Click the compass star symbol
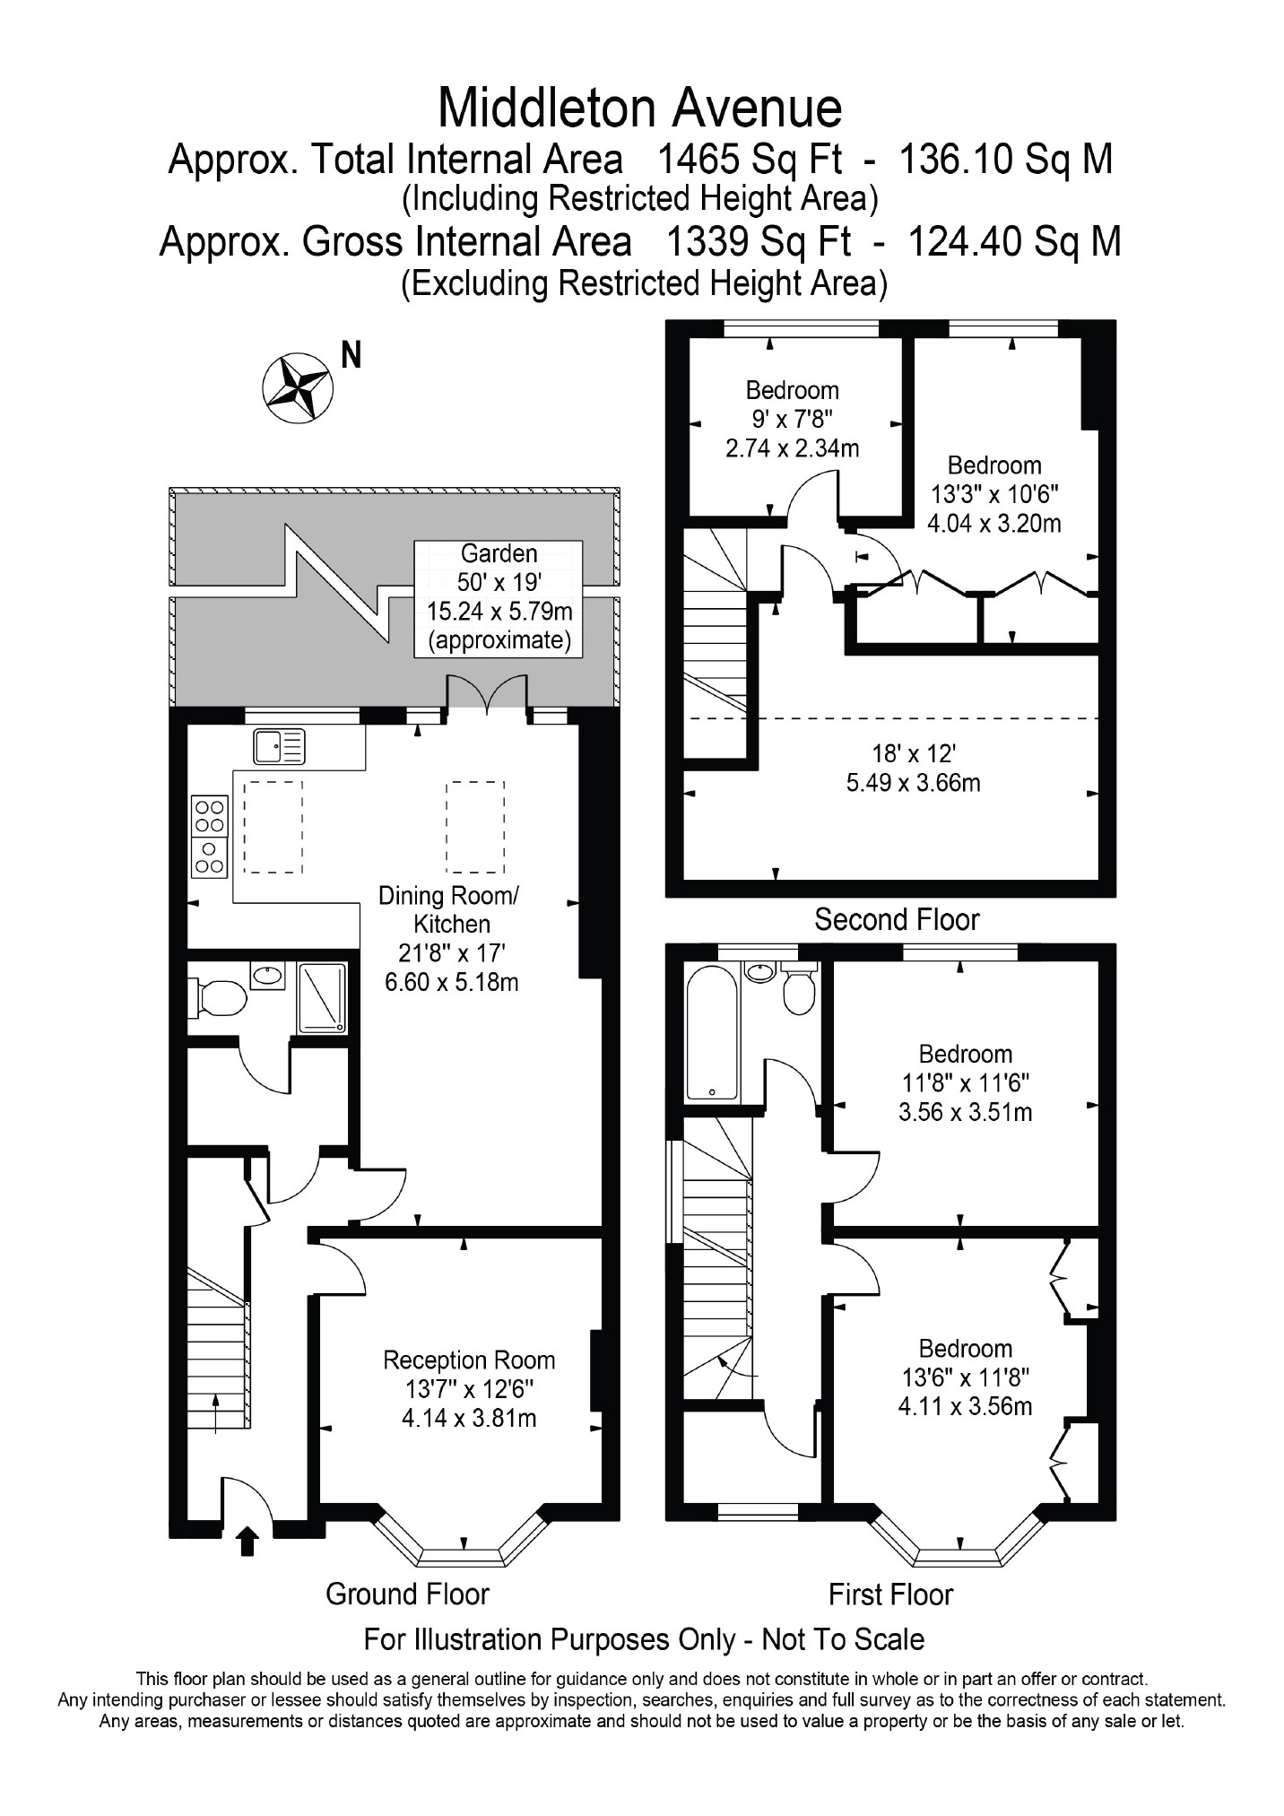[x=298, y=387]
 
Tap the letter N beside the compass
[x=351, y=356]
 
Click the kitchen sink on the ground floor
[x=279, y=746]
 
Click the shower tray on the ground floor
[x=322, y=996]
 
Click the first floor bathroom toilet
[x=798, y=988]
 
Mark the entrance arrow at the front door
[x=247, y=1542]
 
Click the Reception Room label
[x=469, y=1360]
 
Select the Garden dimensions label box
[x=499, y=598]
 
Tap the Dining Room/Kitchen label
[x=452, y=909]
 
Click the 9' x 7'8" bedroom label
[x=792, y=419]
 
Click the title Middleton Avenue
[x=640, y=108]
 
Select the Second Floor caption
[x=897, y=919]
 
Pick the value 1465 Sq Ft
[x=750, y=160]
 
